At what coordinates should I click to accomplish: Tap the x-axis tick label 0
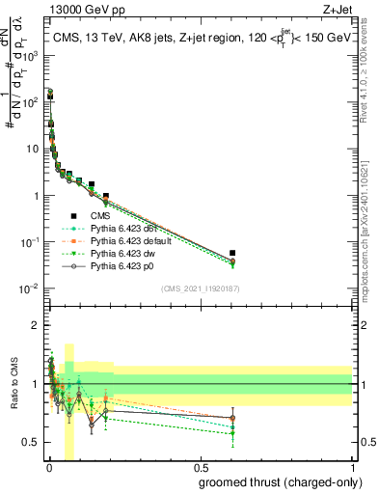(x=48, y=470)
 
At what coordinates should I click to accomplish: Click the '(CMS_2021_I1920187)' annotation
(x=199, y=288)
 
